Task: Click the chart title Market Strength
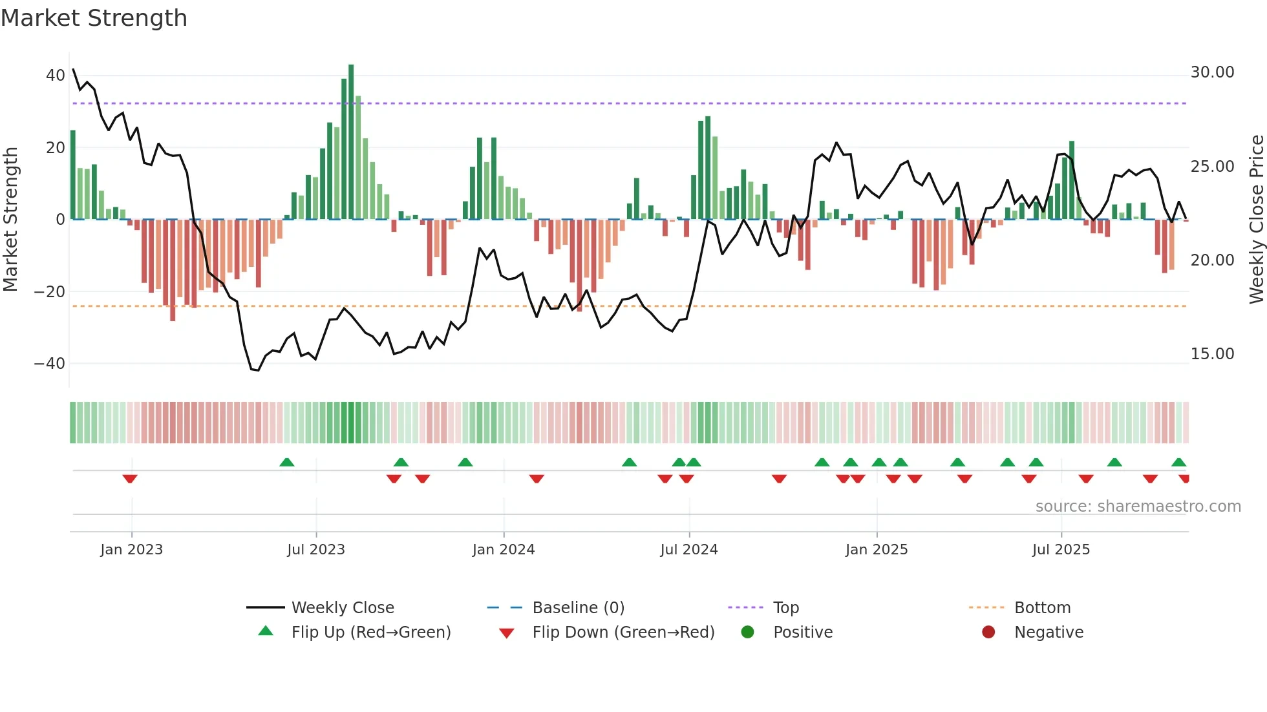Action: point(94,18)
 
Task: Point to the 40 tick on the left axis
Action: point(55,76)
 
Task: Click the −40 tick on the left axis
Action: point(50,364)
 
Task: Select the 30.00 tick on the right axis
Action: point(1212,72)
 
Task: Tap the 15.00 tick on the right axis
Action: point(1212,354)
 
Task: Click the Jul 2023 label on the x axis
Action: point(316,550)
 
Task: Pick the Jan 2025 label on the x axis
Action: point(876,550)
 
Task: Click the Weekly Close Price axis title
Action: point(1256,220)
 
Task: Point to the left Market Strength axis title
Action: point(11,220)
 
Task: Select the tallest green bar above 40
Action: point(351,142)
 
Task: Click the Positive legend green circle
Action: point(748,633)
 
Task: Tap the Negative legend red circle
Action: point(988,633)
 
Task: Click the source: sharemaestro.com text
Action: point(1138,507)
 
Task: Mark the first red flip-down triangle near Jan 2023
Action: point(130,479)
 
